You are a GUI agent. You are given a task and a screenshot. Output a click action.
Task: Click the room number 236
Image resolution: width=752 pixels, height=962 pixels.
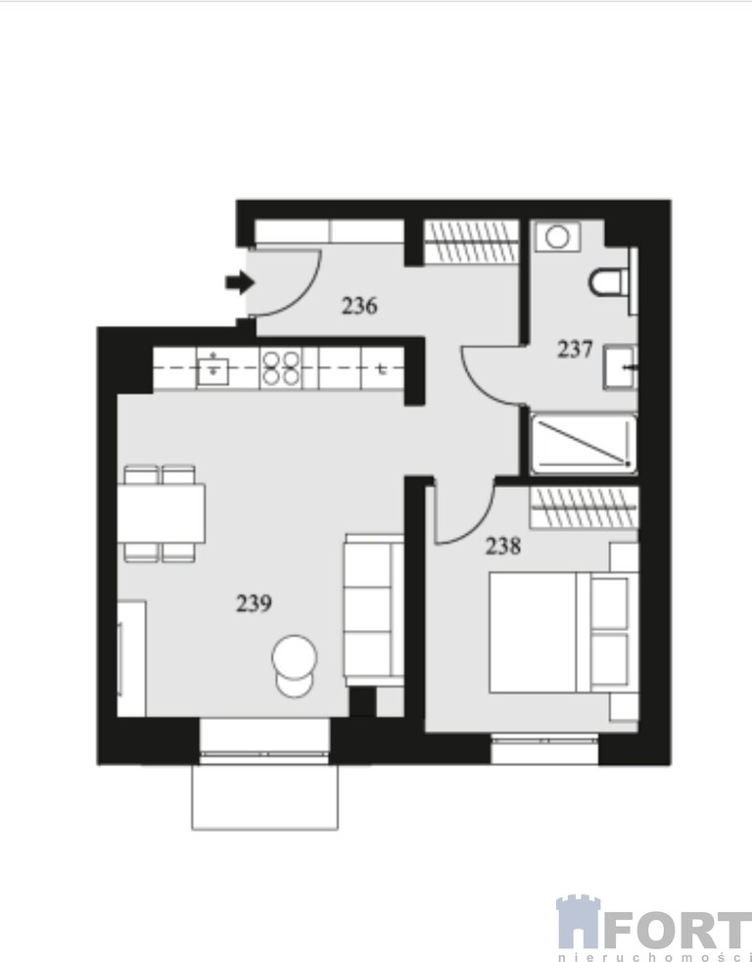click(359, 306)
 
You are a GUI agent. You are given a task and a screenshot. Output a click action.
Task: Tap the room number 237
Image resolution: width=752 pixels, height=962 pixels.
click(575, 350)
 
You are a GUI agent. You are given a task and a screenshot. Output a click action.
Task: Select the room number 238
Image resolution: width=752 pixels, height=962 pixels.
click(503, 546)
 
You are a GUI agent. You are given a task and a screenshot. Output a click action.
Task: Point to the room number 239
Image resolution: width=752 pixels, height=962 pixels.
click(254, 603)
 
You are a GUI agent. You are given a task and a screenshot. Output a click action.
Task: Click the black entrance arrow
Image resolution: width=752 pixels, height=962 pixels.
click(240, 283)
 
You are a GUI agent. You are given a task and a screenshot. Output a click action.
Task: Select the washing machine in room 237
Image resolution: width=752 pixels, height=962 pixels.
click(557, 236)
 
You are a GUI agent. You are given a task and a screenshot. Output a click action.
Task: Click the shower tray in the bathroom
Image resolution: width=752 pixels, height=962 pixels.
click(584, 444)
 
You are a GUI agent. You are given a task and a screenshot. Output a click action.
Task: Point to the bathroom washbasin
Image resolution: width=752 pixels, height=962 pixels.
click(621, 367)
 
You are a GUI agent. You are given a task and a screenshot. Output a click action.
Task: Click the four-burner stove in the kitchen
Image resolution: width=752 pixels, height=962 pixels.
click(281, 367)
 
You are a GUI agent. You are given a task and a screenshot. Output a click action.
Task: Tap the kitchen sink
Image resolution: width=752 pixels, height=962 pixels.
click(212, 368)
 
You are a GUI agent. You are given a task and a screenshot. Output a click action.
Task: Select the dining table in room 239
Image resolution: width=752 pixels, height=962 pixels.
click(162, 513)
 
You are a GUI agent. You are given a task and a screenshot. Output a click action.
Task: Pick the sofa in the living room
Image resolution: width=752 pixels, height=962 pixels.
click(373, 610)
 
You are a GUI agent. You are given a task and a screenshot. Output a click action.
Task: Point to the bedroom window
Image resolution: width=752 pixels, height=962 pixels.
click(544, 749)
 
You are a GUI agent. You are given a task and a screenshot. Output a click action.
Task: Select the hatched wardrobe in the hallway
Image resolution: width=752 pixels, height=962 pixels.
click(471, 241)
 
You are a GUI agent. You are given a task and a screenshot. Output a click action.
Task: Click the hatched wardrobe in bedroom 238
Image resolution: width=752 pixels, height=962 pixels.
click(584, 507)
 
